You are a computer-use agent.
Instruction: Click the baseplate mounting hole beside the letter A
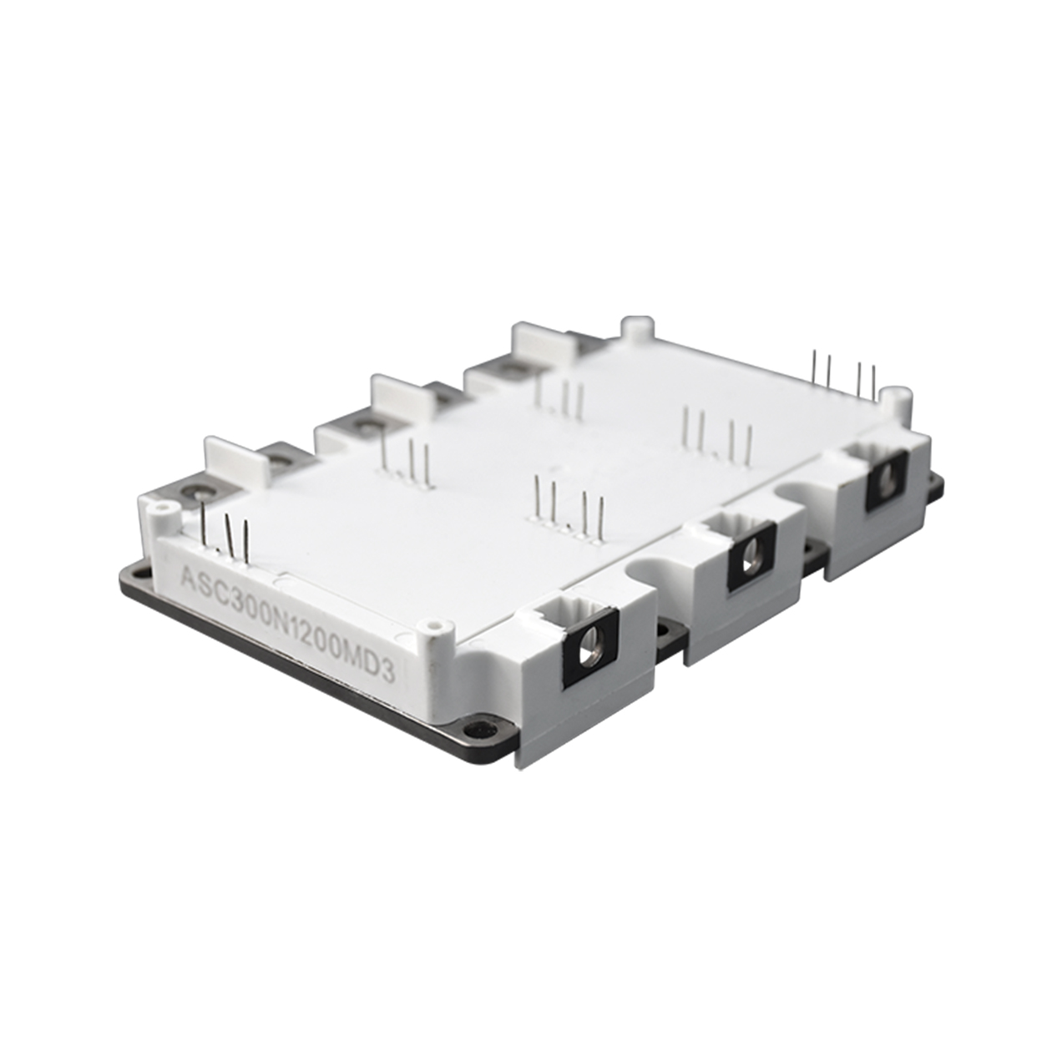pyautogui.click(x=137, y=574)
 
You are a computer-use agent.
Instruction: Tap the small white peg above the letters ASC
pyautogui.click(x=162, y=508)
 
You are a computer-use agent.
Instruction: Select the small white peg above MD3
pyautogui.click(x=432, y=625)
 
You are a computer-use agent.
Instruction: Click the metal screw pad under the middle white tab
pyautogui.click(x=365, y=427)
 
